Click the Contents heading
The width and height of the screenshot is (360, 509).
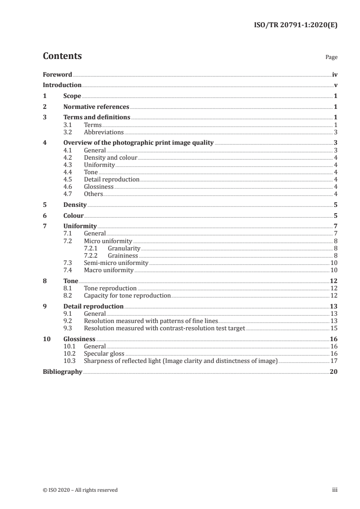tap(62, 56)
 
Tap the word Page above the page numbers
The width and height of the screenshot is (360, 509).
tap(331, 58)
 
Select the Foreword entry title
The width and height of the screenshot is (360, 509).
tap(57, 74)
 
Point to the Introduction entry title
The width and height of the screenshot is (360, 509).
tap(62, 85)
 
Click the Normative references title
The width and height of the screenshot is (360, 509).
tap(96, 107)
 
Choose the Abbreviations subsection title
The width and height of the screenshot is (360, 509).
tap(104, 132)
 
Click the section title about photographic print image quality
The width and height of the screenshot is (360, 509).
tap(138, 142)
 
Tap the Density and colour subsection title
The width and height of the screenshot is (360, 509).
tap(111, 158)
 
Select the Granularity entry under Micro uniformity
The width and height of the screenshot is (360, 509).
tap(124, 249)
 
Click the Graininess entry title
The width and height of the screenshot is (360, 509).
tap(123, 256)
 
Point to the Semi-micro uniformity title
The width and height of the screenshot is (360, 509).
tap(116, 263)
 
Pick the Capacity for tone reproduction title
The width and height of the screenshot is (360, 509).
tap(128, 296)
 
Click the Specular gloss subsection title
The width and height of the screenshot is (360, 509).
tap(104, 354)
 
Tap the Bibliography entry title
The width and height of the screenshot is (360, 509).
tap(63, 372)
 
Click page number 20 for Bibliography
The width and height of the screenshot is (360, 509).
tap(334, 372)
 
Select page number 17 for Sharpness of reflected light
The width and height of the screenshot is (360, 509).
tap(334, 361)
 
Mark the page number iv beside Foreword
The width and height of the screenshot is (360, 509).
tap(335, 74)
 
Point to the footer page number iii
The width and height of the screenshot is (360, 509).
tap(335, 490)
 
